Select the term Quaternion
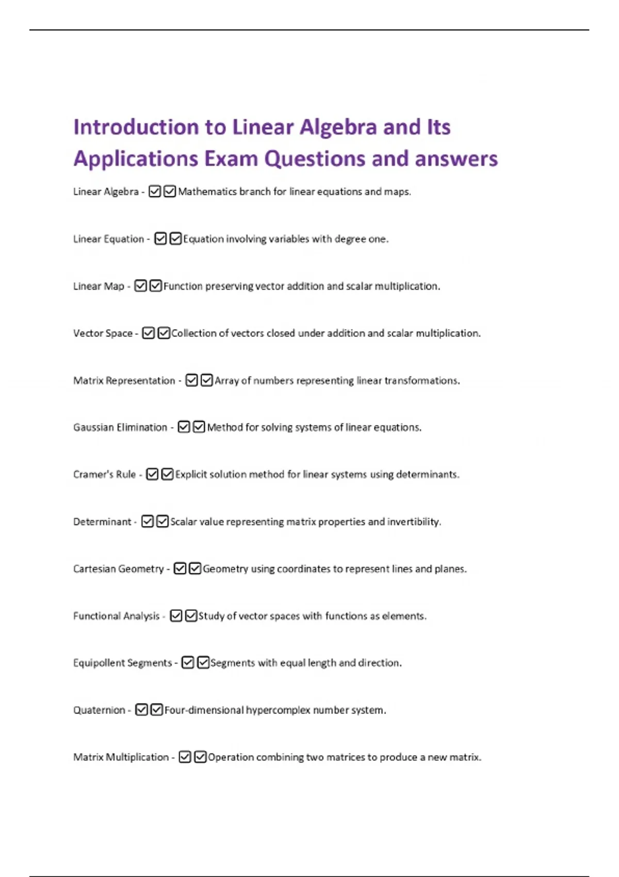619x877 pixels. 99,710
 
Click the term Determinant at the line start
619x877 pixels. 102,522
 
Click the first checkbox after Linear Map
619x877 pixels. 140,286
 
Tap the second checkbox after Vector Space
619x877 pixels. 164,333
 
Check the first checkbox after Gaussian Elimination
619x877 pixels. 184,427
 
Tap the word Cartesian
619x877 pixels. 94,569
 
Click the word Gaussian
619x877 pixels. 93,428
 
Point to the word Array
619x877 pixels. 226,381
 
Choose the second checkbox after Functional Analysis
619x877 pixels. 191,616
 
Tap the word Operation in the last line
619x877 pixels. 230,757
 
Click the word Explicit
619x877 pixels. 192,475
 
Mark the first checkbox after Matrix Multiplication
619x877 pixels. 185,757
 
